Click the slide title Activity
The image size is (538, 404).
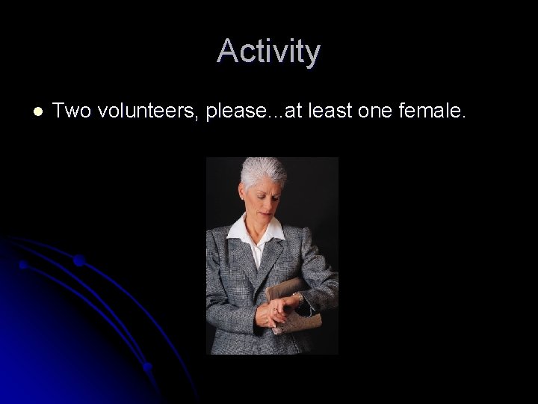[x=269, y=52]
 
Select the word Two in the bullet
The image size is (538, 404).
[x=70, y=111]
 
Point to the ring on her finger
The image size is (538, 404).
[x=274, y=307]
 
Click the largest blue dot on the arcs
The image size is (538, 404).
[x=79, y=260]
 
